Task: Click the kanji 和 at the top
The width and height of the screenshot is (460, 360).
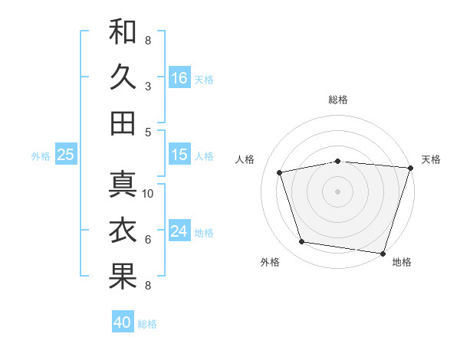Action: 123,31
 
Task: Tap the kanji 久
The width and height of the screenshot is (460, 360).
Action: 123,77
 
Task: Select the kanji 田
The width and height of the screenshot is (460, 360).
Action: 123,123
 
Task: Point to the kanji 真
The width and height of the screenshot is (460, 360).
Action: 123,185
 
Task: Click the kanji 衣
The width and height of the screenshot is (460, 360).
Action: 123,231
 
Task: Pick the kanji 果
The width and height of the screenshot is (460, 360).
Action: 123,277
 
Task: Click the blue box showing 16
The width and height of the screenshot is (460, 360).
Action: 179,77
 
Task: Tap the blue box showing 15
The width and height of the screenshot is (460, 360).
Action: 179,155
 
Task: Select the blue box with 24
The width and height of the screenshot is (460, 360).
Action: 179,231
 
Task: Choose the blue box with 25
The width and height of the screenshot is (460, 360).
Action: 65,155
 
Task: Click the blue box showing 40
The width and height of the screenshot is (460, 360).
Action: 123,322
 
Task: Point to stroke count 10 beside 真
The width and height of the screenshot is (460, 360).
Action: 149,193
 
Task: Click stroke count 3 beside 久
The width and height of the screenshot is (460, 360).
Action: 148,86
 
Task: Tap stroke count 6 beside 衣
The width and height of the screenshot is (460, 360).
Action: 148,240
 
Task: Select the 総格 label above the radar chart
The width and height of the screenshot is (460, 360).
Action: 338,100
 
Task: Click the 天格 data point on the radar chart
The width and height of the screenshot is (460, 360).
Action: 410,169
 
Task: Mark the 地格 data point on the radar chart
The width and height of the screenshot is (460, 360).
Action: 383,253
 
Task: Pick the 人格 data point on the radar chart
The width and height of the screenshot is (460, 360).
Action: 281,172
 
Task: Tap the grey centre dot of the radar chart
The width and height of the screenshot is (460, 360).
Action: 337,191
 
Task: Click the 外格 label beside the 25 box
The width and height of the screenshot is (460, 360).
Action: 41,156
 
